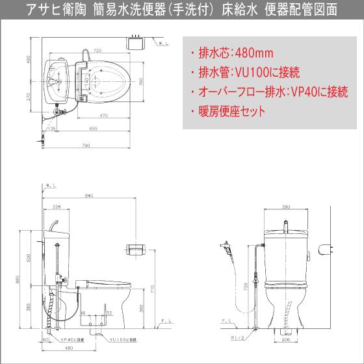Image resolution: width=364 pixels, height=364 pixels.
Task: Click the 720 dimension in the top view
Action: point(97,50)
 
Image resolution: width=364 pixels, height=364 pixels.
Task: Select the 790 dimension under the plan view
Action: point(85,146)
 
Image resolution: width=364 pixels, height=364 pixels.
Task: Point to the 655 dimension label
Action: point(94,129)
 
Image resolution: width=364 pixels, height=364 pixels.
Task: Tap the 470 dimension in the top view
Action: point(104,116)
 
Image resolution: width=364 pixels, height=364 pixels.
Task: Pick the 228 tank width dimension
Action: point(57,207)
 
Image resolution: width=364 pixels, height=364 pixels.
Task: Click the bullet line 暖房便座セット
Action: point(227,111)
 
